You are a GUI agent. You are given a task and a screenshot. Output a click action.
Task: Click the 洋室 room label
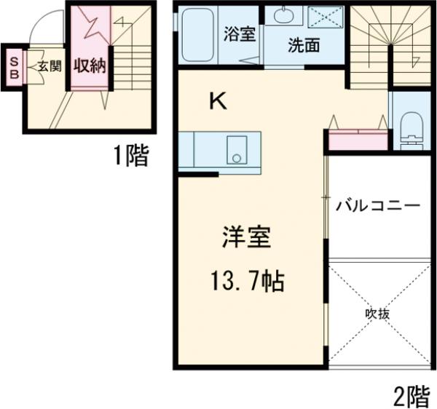click(246, 239)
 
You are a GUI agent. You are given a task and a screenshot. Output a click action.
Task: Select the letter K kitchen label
click(218, 102)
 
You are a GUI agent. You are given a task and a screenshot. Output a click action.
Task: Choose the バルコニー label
click(377, 205)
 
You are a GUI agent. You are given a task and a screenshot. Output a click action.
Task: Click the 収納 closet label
click(90, 66)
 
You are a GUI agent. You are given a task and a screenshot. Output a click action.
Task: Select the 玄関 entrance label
click(50, 66)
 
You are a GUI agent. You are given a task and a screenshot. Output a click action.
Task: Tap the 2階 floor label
click(412, 396)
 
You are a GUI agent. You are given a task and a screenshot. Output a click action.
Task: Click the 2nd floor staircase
click(390, 44)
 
